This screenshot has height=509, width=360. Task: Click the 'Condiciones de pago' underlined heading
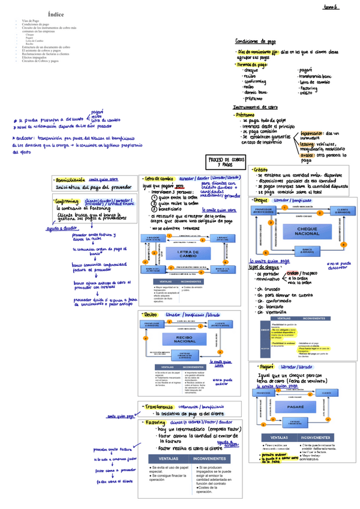256,41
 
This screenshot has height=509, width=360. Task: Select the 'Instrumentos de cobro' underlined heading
256,107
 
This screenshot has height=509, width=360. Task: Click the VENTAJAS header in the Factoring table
165,458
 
